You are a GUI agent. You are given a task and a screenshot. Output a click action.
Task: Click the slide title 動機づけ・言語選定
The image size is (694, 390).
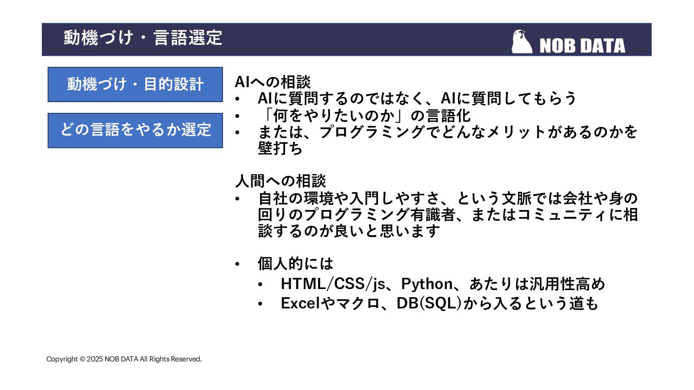coord(143,38)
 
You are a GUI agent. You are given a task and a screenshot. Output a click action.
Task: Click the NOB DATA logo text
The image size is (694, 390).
coord(582,46)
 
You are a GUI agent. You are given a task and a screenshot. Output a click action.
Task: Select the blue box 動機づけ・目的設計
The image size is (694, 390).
coord(135,84)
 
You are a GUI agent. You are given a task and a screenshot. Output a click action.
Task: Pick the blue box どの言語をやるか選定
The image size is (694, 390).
coord(135,130)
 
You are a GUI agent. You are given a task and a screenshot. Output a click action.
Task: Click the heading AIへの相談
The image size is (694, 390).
coord(273,82)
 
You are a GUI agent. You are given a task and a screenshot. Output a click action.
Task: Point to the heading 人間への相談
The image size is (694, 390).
coord(280,180)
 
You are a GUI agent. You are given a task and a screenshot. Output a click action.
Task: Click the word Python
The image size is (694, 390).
coord(427,283)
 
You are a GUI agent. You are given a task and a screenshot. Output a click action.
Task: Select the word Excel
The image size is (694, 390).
coord(300,303)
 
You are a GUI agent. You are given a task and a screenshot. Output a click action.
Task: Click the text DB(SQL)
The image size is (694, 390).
coord(429,303)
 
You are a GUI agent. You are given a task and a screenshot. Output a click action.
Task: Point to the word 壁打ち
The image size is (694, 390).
coord(280,148)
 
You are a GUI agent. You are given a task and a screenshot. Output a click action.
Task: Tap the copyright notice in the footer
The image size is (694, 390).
coord(124,359)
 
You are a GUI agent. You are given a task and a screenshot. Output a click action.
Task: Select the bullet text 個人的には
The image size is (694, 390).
coord(295,264)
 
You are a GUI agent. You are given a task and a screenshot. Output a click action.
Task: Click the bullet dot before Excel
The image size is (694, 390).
coord(261,304)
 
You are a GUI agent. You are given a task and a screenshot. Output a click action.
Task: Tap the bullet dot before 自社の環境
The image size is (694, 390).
coord(238,198)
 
